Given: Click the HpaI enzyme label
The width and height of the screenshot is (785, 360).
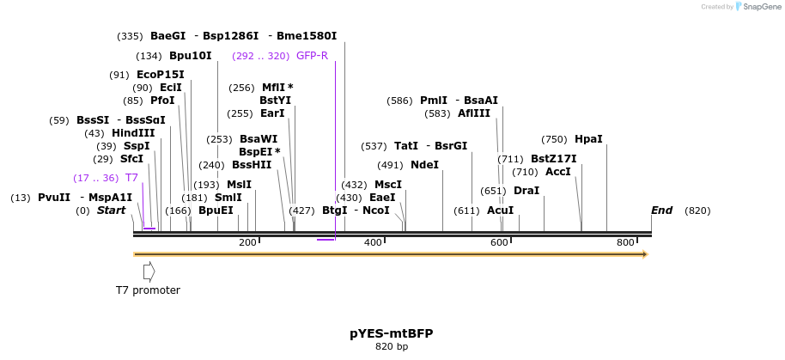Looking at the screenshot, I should click(x=588, y=139).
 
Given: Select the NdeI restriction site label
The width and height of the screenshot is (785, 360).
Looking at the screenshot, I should click(x=424, y=165).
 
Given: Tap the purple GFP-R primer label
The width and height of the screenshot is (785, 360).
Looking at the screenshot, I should click(x=312, y=56).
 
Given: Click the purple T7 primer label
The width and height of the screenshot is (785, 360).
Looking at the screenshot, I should click(x=131, y=178).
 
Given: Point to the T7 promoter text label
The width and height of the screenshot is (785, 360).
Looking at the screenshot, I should click(x=148, y=290).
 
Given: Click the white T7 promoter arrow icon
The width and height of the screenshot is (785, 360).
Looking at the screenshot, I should click(x=149, y=272).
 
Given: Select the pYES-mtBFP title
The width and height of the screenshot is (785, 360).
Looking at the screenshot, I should click(x=392, y=333).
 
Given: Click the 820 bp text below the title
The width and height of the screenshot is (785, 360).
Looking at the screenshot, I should click(x=392, y=347).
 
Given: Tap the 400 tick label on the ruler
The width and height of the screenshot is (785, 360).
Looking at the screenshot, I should click(x=373, y=243).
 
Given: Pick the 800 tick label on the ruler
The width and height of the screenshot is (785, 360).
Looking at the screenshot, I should click(x=625, y=243).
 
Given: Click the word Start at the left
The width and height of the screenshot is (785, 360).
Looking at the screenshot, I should click(x=111, y=211).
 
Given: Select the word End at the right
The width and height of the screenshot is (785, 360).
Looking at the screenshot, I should click(x=661, y=211).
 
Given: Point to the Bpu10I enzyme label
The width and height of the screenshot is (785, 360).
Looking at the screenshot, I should click(x=190, y=56).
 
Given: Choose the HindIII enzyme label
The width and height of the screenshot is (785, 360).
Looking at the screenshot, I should click(x=133, y=133).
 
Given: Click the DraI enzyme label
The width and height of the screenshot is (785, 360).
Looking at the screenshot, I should click(x=526, y=191).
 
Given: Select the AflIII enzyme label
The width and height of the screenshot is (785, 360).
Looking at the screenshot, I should click(x=474, y=113).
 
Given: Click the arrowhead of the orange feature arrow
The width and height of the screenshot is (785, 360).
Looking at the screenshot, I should click(x=643, y=254).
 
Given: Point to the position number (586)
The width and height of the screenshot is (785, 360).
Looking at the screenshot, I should click(x=399, y=101).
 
